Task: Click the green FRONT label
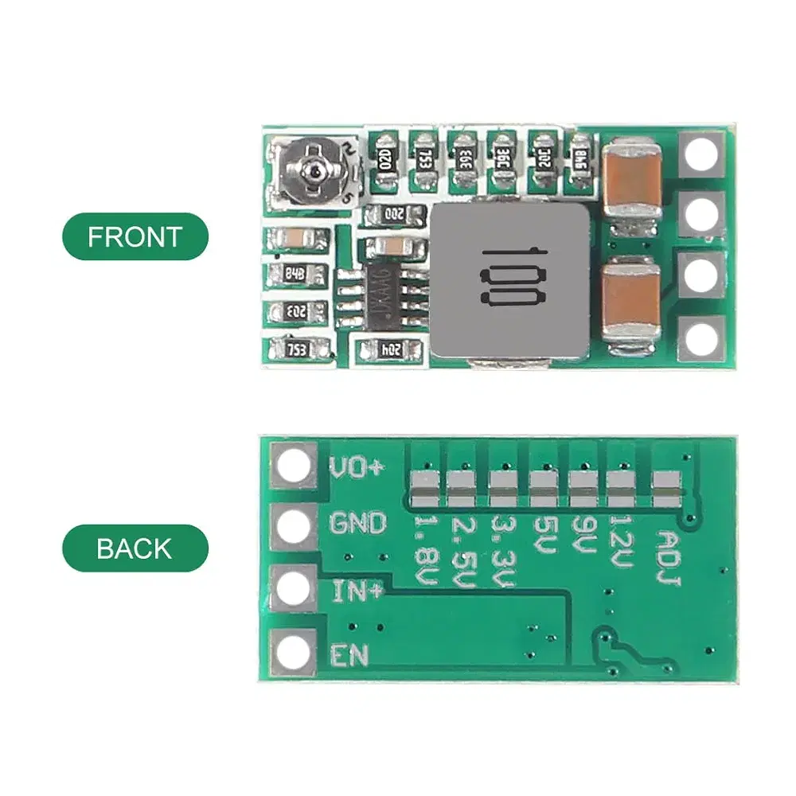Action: point(135,236)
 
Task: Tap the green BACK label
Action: point(135,548)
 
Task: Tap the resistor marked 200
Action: point(393,213)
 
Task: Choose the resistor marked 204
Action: point(389,348)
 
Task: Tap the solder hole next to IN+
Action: point(295,589)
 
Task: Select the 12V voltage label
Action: point(621,541)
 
